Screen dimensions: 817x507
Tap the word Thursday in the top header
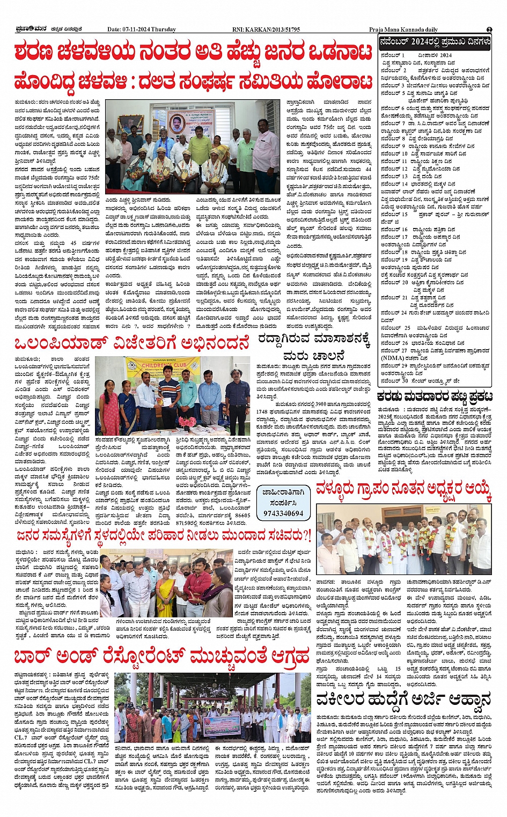point(163,30)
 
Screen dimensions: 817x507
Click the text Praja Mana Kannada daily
point(403,30)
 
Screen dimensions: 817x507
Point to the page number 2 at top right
point(489,30)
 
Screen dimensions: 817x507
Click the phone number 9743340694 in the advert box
point(283,513)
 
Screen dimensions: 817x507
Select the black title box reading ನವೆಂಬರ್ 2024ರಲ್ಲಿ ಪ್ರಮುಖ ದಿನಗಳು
point(435,41)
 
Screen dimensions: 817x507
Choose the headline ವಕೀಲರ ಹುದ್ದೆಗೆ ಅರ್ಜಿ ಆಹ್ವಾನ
point(403,700)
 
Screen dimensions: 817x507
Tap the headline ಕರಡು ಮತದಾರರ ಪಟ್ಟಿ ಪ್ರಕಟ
point(435,396)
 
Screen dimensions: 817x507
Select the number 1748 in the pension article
point(264,411)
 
